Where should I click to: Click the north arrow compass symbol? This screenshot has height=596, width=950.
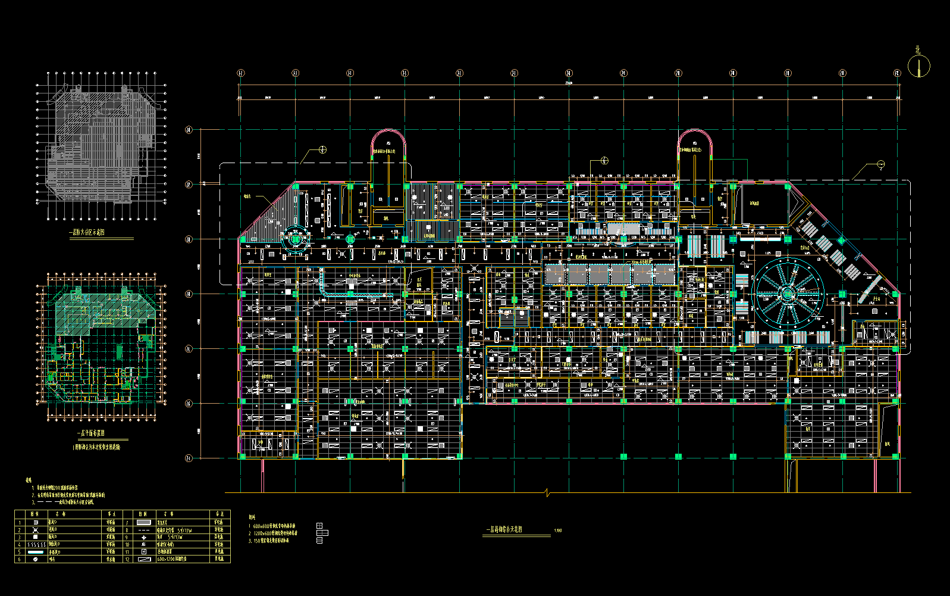tap(918, 66)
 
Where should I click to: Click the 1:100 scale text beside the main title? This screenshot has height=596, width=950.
tap(557, 530)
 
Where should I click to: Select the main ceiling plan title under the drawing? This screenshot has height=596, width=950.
tap(504, 529)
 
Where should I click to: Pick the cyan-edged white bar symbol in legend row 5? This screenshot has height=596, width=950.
tap(36, 552)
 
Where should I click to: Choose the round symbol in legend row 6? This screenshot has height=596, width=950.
tap(36, 559)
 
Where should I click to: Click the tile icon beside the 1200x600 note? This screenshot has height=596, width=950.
tap(319, 533)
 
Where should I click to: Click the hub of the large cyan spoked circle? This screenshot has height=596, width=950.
tap(788, 293)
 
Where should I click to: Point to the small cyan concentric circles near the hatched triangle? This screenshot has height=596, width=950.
tap(296, 239)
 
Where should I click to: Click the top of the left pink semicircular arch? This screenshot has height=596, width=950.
tap(388, 131)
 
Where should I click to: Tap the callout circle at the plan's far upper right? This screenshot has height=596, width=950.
tap(881, 164)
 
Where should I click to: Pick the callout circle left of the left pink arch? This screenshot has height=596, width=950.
tap(322, 150)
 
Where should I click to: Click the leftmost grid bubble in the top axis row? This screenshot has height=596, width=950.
tap(240, 73)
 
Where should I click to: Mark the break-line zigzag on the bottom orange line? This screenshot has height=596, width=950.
tap(547, 492)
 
